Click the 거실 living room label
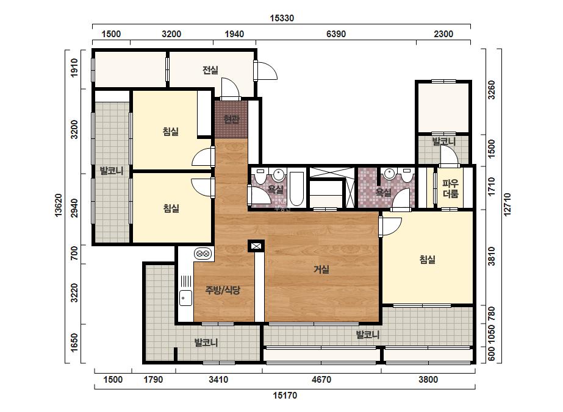tap(321, 269)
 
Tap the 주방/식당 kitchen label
tap(223, 289)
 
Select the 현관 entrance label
tap(231, 119)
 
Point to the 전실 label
tap(210, 69)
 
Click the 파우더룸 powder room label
tap(450, 189)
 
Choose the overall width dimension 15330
tap(282, 18)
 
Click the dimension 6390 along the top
tap(336, 34)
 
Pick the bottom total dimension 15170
tap(285, 396)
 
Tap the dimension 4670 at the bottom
tap(321, 379)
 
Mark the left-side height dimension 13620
tap(59, 205)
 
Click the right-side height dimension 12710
tap(507, 205)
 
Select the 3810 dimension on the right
tap(491, 256)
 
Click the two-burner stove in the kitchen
tap(203, 254)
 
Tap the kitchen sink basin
tap(185, 298)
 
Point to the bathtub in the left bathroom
tap(296, 188)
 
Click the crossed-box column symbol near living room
tap(256, 246)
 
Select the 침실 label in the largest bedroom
tap(427, 259)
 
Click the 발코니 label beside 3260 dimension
tap(444, 141)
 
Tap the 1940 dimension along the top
tap(234, 34)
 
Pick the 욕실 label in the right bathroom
tap(384, 193)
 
